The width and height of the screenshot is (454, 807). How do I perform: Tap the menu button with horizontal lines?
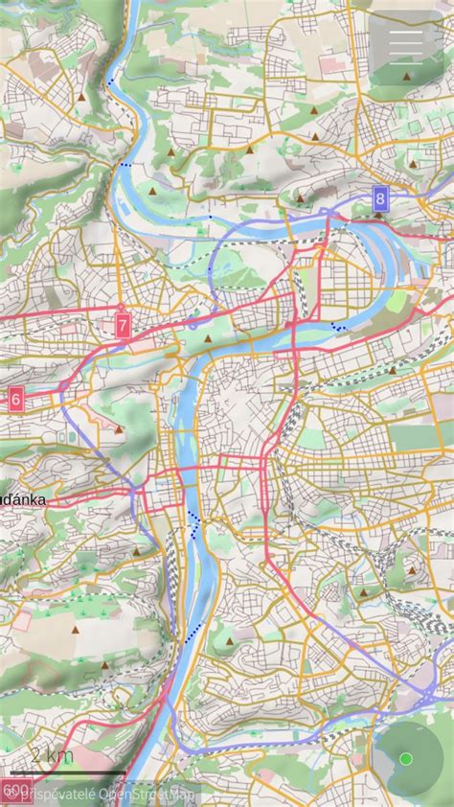[x=406, y=46]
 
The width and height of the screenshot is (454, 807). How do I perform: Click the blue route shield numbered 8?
[x=380, y=199]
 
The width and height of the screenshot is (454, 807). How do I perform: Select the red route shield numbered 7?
[x=123, y=325]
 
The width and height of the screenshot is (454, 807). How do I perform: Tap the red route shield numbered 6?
[x=15, y=399]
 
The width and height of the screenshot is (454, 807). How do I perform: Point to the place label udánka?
[x=23, y=500]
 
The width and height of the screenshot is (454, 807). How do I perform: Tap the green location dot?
[x=405, y=759]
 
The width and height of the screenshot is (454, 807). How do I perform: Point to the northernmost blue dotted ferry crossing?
[x=113, y=83]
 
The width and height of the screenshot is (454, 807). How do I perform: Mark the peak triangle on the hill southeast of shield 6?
[x=117, y=430]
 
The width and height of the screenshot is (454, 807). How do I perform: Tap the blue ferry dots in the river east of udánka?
[x=194, y=524]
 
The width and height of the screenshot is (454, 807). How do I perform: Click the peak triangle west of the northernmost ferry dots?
[x=84, y=97]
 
